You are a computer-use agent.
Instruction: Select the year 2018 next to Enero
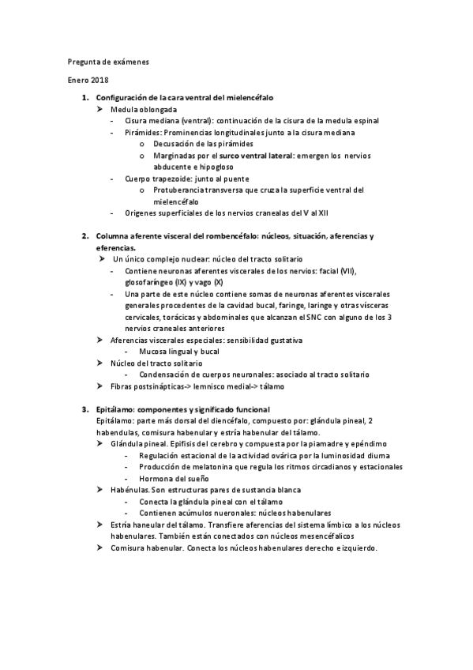[x=100, y=81]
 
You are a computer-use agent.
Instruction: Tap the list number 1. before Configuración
[x=85, y=96]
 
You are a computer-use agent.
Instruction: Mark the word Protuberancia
[x=186, y=190]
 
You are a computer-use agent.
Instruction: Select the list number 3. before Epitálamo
[x=85, y=409]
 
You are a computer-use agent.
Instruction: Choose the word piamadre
[x=314, y=444]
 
